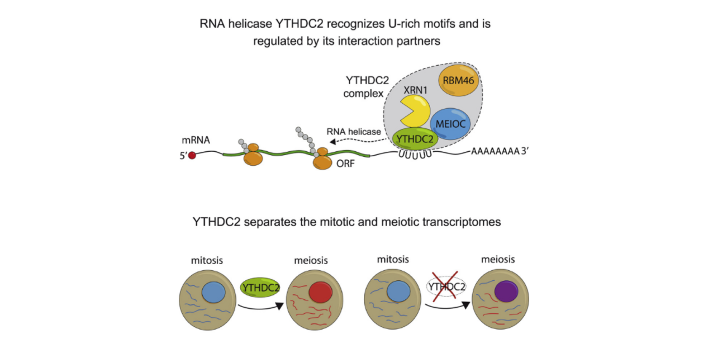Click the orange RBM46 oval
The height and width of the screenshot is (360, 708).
[x=459, y=80]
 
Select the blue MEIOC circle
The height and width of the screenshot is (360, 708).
[x=451, y=124]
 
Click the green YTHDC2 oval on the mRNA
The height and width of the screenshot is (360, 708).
[x=415, y=139]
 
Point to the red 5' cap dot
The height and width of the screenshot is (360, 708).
[x=192, y=155]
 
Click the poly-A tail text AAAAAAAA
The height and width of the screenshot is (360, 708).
[x=495, y=151]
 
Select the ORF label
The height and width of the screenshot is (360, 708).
[x=345, y=164]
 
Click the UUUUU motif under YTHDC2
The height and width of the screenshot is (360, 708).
[x=415, y=154]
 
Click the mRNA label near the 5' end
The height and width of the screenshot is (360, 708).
[x=196, y=140]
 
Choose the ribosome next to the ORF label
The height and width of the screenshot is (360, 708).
[x=322, y=159]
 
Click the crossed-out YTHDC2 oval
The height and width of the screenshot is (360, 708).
[x=446, y=287]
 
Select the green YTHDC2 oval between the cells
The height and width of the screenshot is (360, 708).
[x=260, y=287]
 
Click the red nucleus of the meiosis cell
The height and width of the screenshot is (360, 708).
[x=320, y=292]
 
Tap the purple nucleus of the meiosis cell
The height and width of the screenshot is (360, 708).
[x=506, y=291]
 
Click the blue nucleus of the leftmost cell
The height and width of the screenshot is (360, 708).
[x=214, y=292]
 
